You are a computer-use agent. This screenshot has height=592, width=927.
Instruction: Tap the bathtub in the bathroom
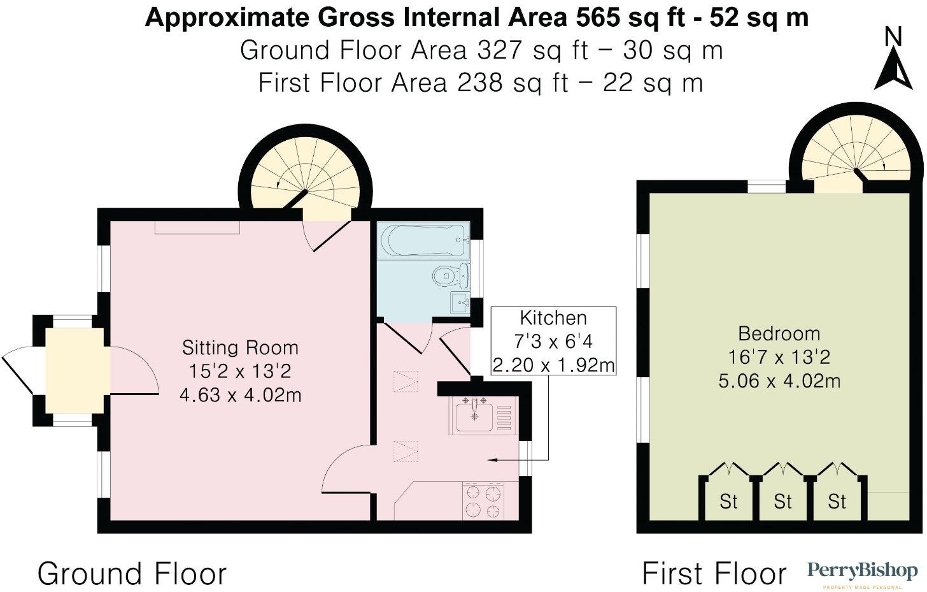[423, 240]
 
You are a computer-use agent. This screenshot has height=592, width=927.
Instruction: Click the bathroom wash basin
[460, 303]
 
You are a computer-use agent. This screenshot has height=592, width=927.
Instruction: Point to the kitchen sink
[474, 416]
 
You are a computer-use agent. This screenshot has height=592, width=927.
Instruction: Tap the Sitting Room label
[240, 348]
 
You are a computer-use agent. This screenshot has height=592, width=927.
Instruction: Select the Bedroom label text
[779, 334]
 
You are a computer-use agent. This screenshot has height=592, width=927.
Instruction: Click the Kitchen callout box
[553, 342]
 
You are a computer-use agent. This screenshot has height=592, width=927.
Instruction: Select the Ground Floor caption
[132, 574]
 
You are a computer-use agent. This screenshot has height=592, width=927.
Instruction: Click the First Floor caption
[714, 574]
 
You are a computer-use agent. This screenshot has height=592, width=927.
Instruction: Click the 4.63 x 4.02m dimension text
[240, 395]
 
